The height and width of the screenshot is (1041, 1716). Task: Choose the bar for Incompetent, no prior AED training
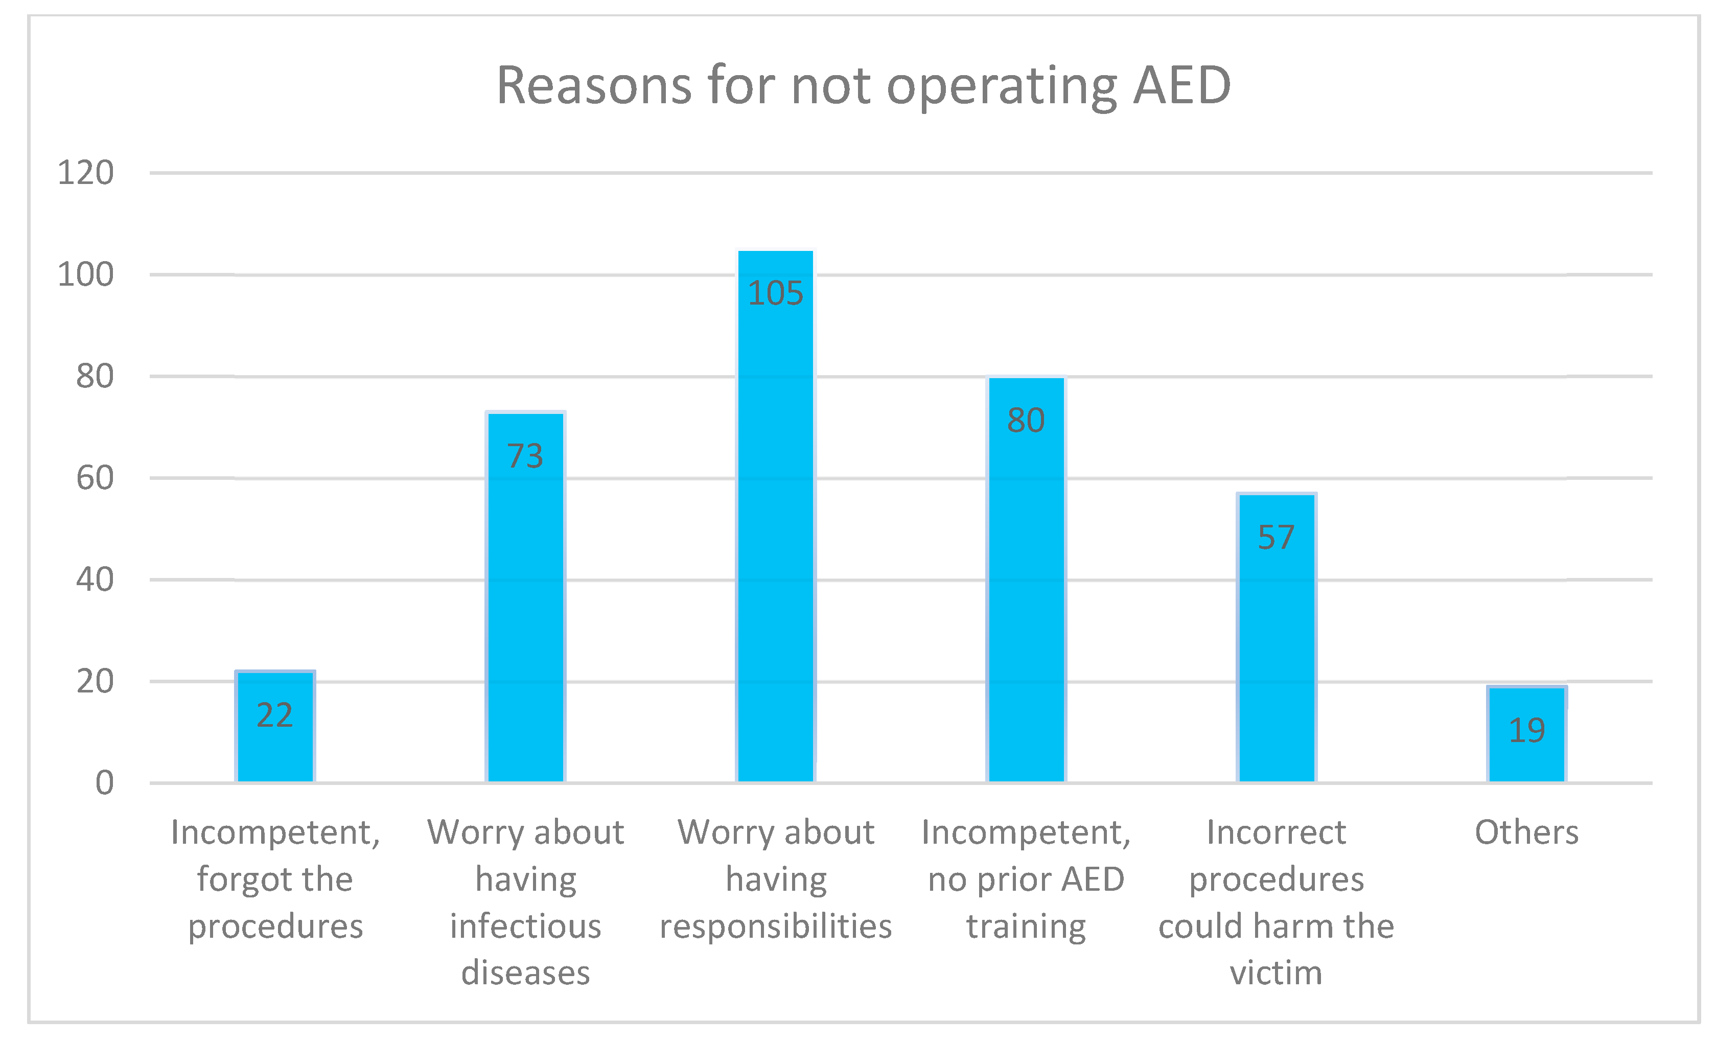point(1026,599)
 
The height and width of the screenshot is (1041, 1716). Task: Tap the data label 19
point(1526,730)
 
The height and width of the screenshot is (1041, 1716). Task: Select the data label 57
point(1276,538)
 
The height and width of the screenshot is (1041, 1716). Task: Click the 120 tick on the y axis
point(85,173)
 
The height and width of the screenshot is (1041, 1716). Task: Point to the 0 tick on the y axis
point(104,782)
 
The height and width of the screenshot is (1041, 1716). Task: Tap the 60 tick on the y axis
point(95,478)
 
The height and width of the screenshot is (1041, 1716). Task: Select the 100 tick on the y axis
point(85,275)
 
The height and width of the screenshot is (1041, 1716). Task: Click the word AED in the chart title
point(1182,86)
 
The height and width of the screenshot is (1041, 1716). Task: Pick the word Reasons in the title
point(594,86)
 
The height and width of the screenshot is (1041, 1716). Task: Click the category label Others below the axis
point(1526,832)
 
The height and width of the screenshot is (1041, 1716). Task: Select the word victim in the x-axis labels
point(1276,973)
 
